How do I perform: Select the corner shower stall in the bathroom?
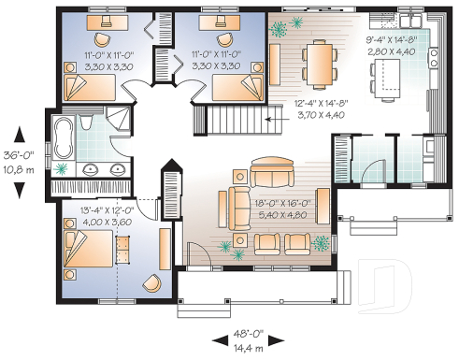tap(116, 120)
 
